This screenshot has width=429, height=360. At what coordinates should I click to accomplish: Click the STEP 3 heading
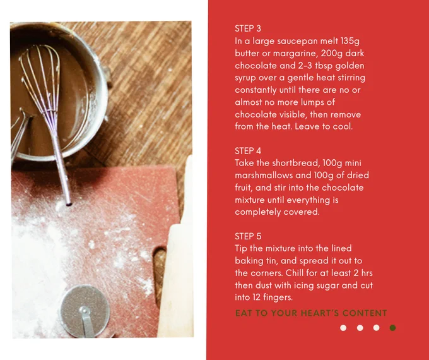point(248,28)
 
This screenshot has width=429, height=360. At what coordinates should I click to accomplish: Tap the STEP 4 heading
point(248,151)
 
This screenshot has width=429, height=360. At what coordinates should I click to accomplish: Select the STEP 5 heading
point(248,236)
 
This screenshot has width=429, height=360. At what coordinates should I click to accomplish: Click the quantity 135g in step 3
point(350,41)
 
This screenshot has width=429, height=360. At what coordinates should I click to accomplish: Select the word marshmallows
point(259,175)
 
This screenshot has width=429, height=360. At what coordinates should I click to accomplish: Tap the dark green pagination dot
point(392,328)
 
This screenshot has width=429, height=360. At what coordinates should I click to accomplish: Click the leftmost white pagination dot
point(343,328)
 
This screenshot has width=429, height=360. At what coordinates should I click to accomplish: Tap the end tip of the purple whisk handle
point(69,204)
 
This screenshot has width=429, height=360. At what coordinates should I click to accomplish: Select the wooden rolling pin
point(177,255)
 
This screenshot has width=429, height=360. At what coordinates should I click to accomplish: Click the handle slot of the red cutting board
point(160,275)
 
